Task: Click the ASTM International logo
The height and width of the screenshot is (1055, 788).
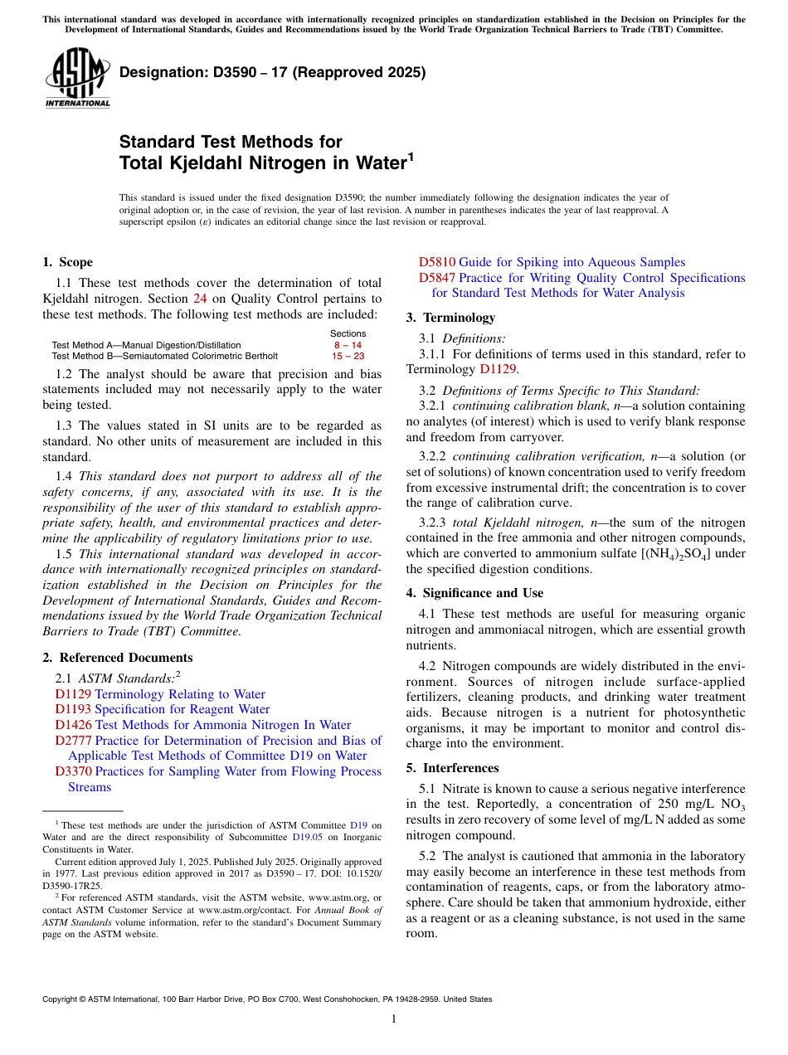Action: [76, 78]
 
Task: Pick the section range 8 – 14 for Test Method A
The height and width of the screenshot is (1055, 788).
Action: [348, 345]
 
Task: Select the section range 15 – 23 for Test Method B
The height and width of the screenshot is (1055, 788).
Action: [348, 356]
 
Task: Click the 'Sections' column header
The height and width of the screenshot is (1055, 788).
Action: [348, 333]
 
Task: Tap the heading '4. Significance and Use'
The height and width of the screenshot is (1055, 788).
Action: [474, 593]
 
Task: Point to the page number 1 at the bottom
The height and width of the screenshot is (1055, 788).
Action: [394, 1019]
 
